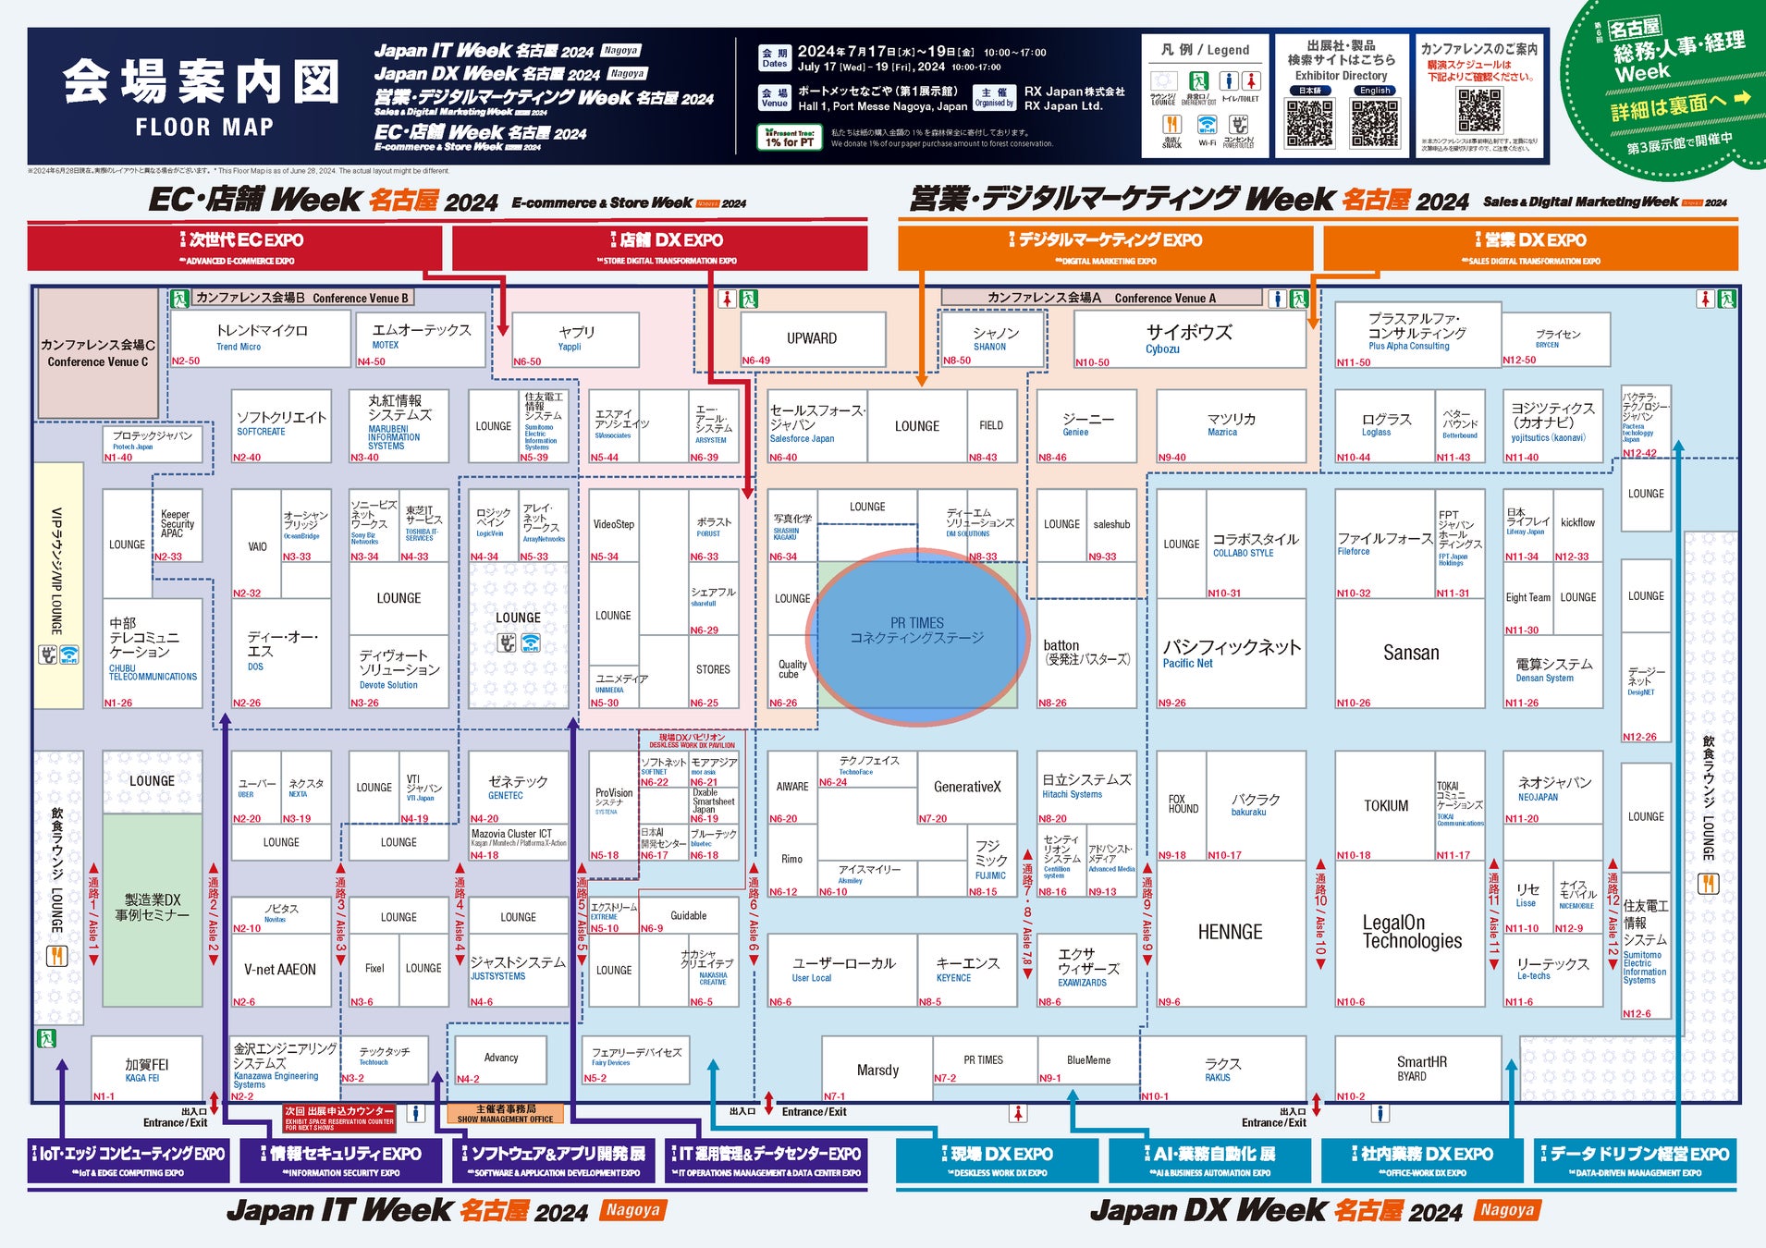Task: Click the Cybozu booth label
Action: tap(1189, 338)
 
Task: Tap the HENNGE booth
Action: tap(1230, 932)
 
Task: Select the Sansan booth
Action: tap(1410, 653)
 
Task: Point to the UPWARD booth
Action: tap(812, 338)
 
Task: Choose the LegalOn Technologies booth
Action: tap(1412, 932)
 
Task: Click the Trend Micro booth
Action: tap(261, 337)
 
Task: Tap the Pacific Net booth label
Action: tap(1231, 653)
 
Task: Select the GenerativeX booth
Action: tap(967, 787)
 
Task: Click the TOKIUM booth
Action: tap(1385, 806)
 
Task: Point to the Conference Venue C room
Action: tap(97, 352)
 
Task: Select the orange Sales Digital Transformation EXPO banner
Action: tap(1530, 248)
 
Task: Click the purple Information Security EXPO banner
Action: tap(341, 1161)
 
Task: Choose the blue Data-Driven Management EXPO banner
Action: tap(1635, 1161)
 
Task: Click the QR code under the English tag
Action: tap(1375, 124)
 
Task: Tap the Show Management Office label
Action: tap(505, 1113)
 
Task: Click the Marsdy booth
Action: tap(877, 1070)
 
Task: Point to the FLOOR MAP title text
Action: tap(204, 128)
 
